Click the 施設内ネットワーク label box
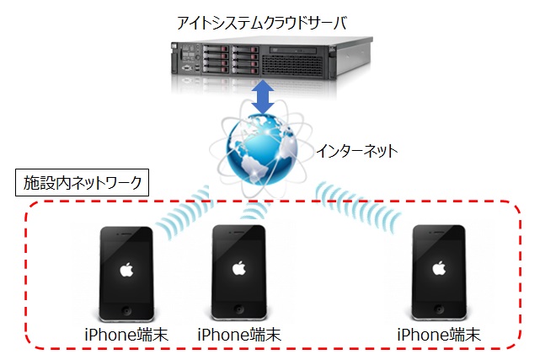[x=83, y=182]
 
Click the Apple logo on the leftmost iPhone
[x=126, y=269]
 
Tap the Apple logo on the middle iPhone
[x=239, y=269]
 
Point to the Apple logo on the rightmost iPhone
[x=438, y=269]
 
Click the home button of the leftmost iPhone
[x=126, y=308]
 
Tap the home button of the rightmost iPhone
[x=438, y=308]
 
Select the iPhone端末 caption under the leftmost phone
[x=126, y=335]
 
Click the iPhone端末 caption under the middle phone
[x=239, y=335]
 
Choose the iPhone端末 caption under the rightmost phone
[x=438, y=335]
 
